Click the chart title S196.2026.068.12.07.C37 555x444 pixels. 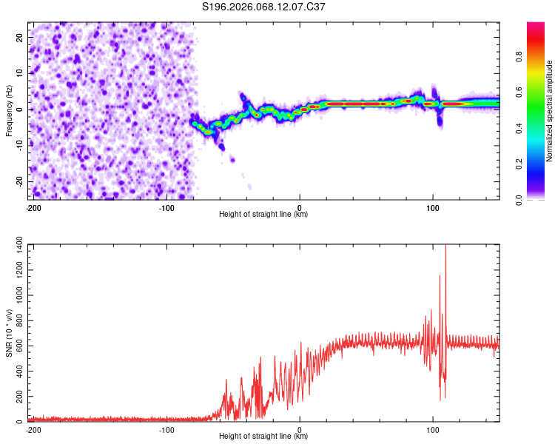pos(264,7)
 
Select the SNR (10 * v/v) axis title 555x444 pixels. pos(9,332)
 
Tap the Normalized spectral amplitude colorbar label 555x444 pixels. pos(550,111)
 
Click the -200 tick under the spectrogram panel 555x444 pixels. pos(33,207)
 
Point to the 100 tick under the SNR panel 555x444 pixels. pos(433,429)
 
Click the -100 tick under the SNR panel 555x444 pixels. pos(166,429)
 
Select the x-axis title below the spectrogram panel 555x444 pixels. pos(264,215)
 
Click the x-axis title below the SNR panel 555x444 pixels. pos(264,437)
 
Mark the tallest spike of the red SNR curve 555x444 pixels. pos(445,246)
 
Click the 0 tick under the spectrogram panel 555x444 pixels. pos(300,207)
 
